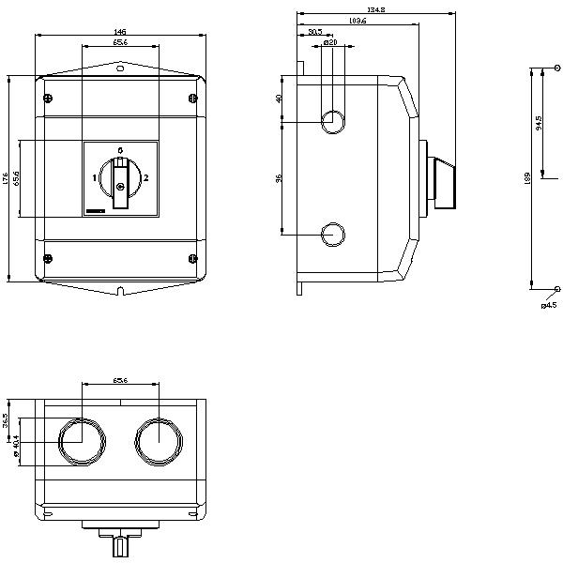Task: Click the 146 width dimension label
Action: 120,32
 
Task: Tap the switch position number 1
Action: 95,177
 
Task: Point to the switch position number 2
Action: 145,177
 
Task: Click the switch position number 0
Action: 120,150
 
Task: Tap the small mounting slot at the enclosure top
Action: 120,68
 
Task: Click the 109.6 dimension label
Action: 356,21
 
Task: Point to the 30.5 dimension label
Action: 314,32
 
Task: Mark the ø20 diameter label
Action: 330,42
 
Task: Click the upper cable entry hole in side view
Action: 332,120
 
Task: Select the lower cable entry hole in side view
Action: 332,234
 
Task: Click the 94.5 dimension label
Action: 538,123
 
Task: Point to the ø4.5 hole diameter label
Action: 549,304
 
